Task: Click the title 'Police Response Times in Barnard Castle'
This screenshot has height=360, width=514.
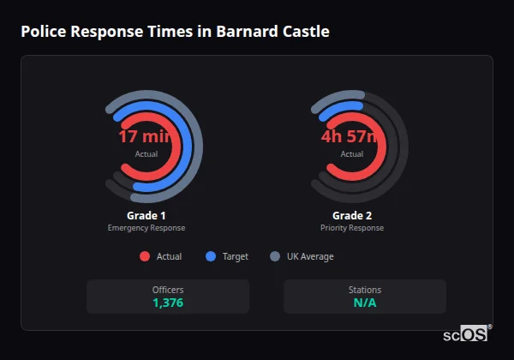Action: [x=175, y=32]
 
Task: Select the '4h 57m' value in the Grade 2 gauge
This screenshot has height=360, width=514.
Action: [x=351, y=137]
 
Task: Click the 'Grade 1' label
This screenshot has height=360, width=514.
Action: [x=146, y=215]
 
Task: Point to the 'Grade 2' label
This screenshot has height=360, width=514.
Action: [x=352, y=215]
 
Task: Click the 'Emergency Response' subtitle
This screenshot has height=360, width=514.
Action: [x=146, y=228]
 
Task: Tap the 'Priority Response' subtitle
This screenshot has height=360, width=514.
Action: [x=352, y=228]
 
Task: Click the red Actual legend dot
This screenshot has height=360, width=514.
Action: [x=144, y=256]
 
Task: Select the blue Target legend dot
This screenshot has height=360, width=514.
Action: [x=211, y=256]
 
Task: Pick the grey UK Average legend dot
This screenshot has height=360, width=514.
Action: [x=275, y=256]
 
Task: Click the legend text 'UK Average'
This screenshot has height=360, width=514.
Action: [x=310, y=256]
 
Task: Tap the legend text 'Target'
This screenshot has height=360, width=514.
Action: [x=236, y=256]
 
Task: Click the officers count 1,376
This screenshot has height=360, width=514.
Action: [x=168, y=303]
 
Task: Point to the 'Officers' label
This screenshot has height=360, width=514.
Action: [x=168, y=290]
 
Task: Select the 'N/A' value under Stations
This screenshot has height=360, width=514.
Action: [x=365, y=303]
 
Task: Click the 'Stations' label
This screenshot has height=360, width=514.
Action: [x=365, y=290]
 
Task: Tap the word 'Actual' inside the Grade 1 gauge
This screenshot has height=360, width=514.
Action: [x=146, y=154]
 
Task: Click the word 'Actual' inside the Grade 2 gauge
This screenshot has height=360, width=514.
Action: [x=352, y=154]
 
